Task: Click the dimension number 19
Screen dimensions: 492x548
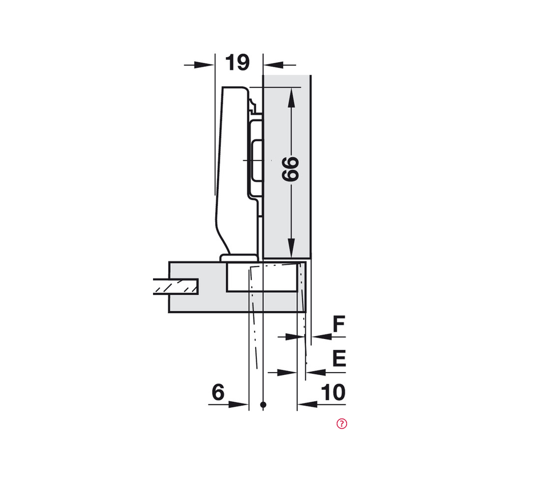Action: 237,62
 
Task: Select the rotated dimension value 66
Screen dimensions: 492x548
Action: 291,169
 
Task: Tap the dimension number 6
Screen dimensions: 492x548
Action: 218,393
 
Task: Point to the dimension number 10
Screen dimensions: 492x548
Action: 333,393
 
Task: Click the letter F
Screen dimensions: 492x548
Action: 339,325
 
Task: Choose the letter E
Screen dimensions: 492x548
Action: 339,359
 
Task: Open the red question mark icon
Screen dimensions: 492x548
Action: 342,423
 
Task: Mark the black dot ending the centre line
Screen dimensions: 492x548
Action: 263,405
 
